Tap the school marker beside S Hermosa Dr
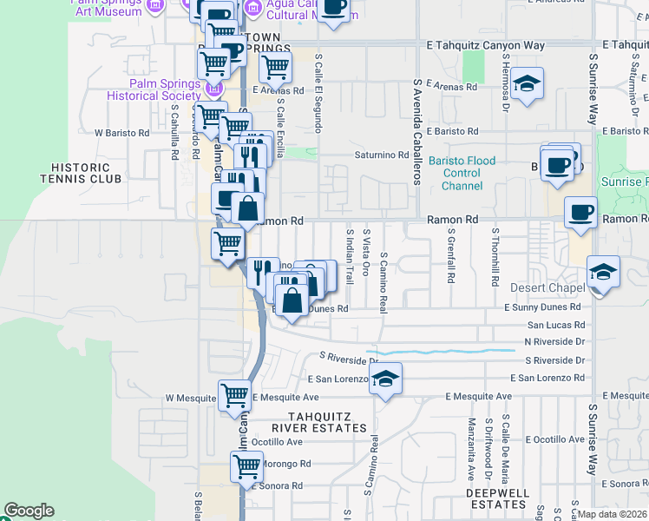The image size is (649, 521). point(527,84)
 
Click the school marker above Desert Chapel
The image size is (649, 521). point(603,272)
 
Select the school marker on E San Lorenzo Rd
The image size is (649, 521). point(385,379)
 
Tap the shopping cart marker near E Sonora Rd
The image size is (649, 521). point(247,466)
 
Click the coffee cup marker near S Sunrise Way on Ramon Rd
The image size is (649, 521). point(580,211)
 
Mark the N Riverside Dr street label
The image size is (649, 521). point(556,342)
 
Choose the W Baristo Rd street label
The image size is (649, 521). point(121,134)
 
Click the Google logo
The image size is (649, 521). point(29,511)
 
